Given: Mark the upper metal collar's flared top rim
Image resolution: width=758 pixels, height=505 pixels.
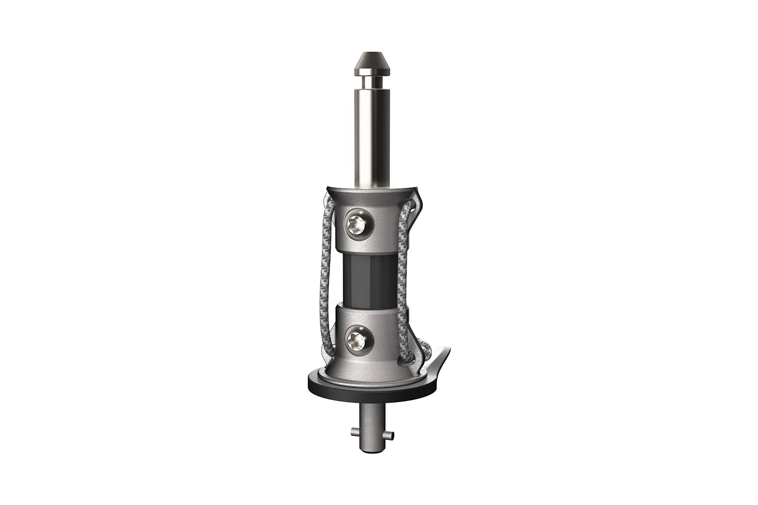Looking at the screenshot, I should tap(373, 190).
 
